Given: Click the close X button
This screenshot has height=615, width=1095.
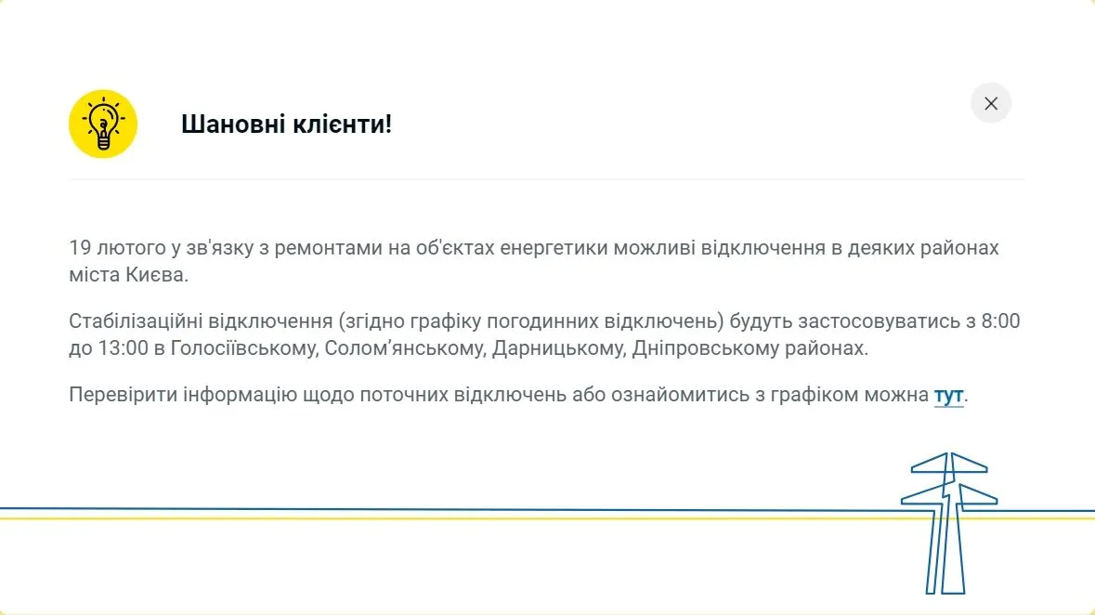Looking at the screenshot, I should tap(990, 103).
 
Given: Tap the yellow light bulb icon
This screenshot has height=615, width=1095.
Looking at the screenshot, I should tap(103, 124).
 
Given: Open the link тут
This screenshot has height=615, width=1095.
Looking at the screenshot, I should tap(948, 395).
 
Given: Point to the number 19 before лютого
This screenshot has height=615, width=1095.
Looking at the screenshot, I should tap(80, 248).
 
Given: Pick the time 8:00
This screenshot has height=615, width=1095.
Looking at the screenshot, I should tap(1000, 321).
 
